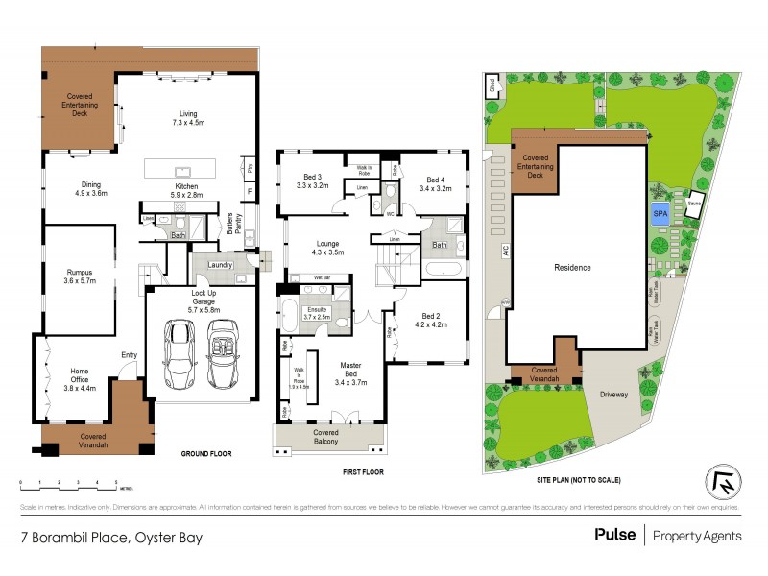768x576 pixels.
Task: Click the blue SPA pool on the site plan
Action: pos(660,215)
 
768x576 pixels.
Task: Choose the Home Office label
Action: pos(79,380)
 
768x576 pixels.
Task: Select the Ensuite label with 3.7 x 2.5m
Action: pos(317,312)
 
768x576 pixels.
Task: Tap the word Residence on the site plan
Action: pos(572,268)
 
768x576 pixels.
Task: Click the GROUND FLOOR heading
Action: pos(206,453)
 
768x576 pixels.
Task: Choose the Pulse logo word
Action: pos(614,536)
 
